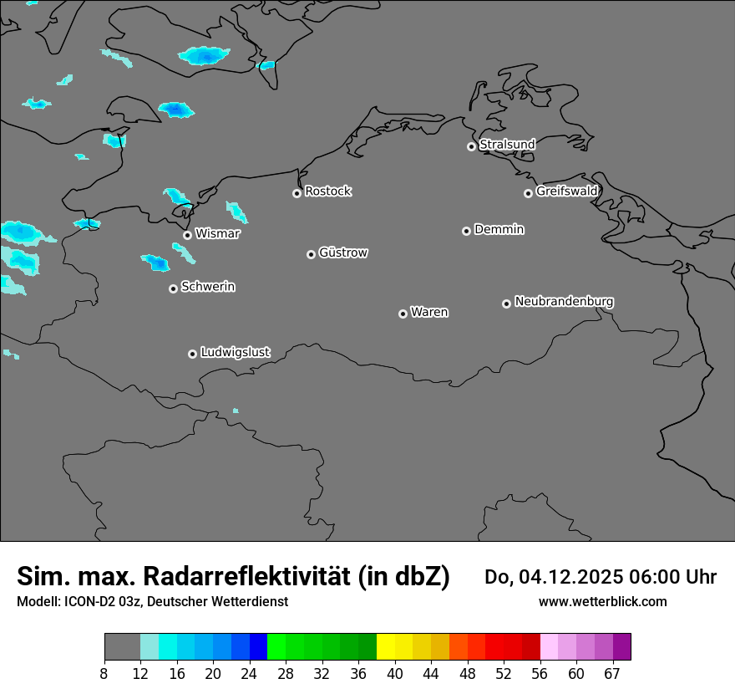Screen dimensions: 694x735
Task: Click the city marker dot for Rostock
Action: [297, 193]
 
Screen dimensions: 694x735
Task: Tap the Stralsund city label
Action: [507, 145]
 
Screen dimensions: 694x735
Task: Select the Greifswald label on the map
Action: [566, 191]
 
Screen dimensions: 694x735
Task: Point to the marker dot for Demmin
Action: [466, 231]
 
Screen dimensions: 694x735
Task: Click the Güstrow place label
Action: [343, 253]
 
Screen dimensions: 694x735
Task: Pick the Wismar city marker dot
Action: [187, 235]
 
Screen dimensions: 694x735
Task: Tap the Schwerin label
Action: [208, 287]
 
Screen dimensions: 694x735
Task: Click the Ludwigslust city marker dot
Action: [192, 354]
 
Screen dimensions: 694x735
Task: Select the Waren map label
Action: [429, 313]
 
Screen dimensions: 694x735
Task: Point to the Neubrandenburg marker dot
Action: [506, 304]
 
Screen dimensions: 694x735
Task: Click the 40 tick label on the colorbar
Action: [395, 674]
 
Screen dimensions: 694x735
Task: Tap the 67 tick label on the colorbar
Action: [612, 674]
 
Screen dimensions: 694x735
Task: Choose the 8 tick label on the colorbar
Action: [104, 674]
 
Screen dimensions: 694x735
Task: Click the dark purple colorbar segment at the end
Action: [621, 647]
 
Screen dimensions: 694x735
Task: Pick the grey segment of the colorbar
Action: [122, 647]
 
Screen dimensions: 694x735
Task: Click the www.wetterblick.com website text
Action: [602, 602]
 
